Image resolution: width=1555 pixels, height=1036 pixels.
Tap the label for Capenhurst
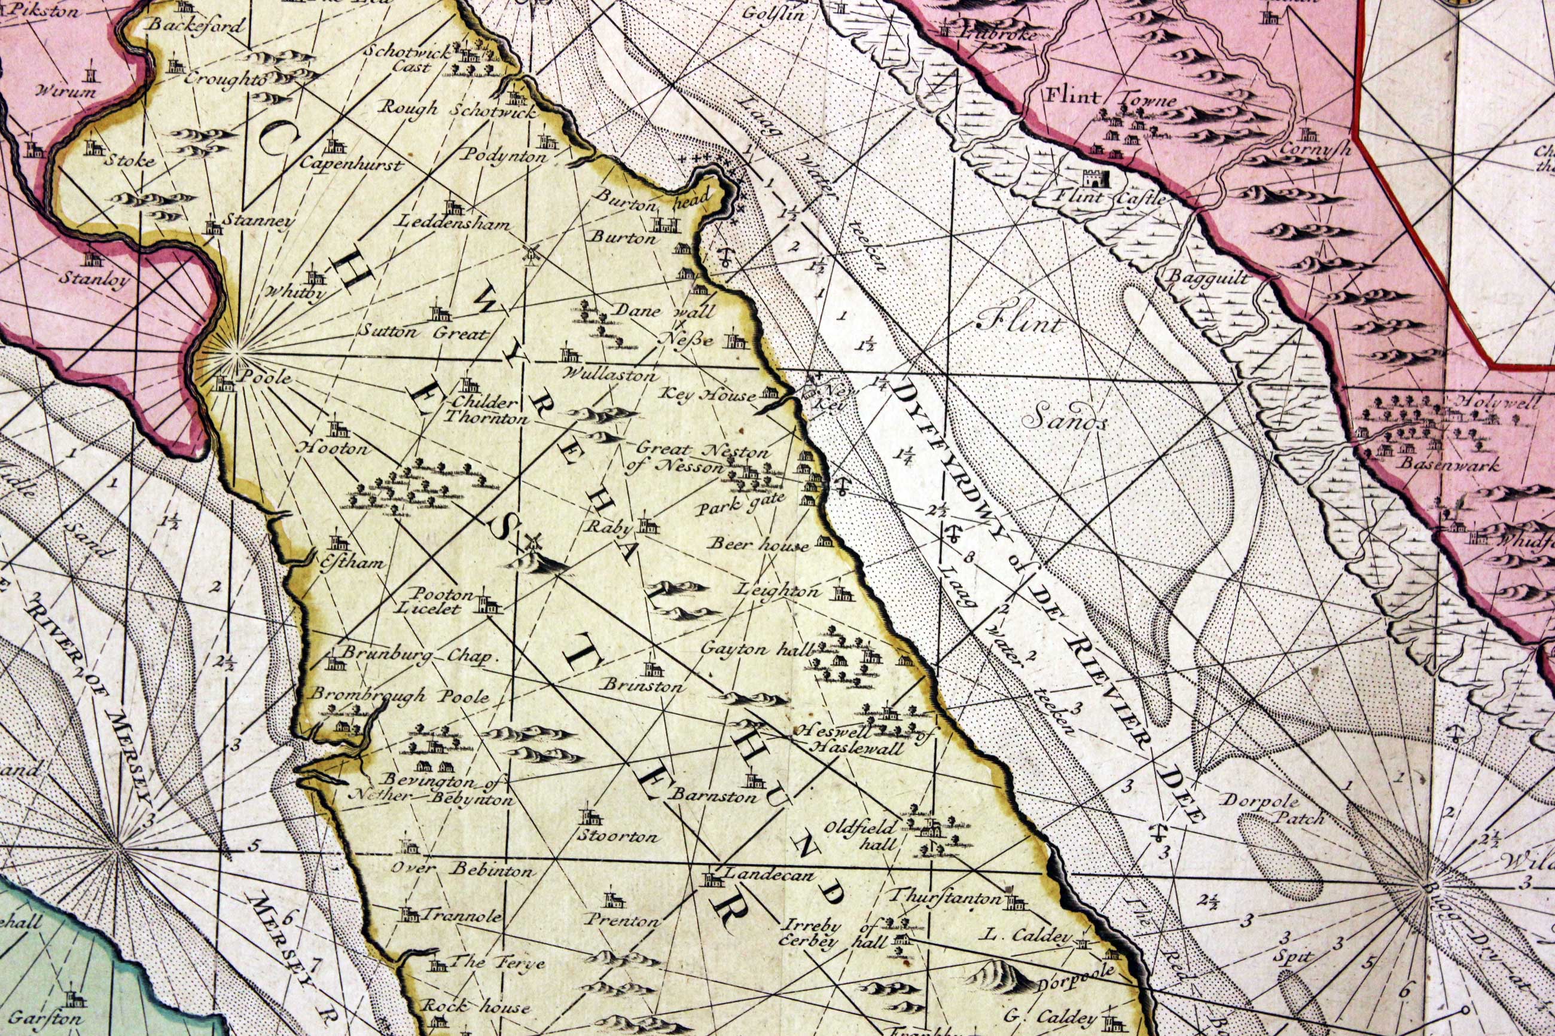pos(351,164)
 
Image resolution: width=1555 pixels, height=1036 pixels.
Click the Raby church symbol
pos(648,525)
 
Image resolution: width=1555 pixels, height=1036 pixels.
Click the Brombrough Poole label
pos(401,696)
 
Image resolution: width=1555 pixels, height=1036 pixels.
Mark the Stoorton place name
pos(617,837)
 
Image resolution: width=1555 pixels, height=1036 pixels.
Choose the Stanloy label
pos(94,279)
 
